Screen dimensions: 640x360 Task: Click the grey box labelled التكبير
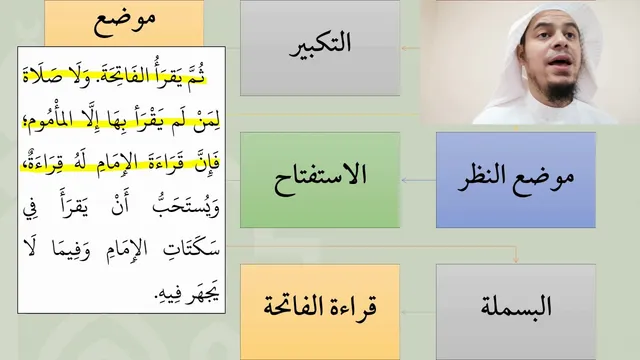pos(320,48)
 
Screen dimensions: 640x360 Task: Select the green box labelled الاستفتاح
pos(320,180)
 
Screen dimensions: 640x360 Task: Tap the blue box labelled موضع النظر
pos(516,180)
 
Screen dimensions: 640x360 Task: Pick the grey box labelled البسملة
pos(516,312)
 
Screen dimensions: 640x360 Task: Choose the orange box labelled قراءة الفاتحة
pos(320,312)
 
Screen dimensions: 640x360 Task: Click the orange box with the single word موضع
pos(124,22)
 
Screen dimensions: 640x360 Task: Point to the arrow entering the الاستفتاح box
pos(419,180)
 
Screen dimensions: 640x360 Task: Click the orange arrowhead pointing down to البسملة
pos(516,259)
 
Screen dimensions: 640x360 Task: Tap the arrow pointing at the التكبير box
pos(411,48)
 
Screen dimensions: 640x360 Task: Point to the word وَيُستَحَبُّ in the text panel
pos(186,205)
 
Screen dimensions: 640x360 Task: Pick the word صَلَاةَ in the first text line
pos(41,76)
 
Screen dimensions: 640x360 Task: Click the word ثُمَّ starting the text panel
pos(197,76)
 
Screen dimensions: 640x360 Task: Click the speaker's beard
pos(562,89)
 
